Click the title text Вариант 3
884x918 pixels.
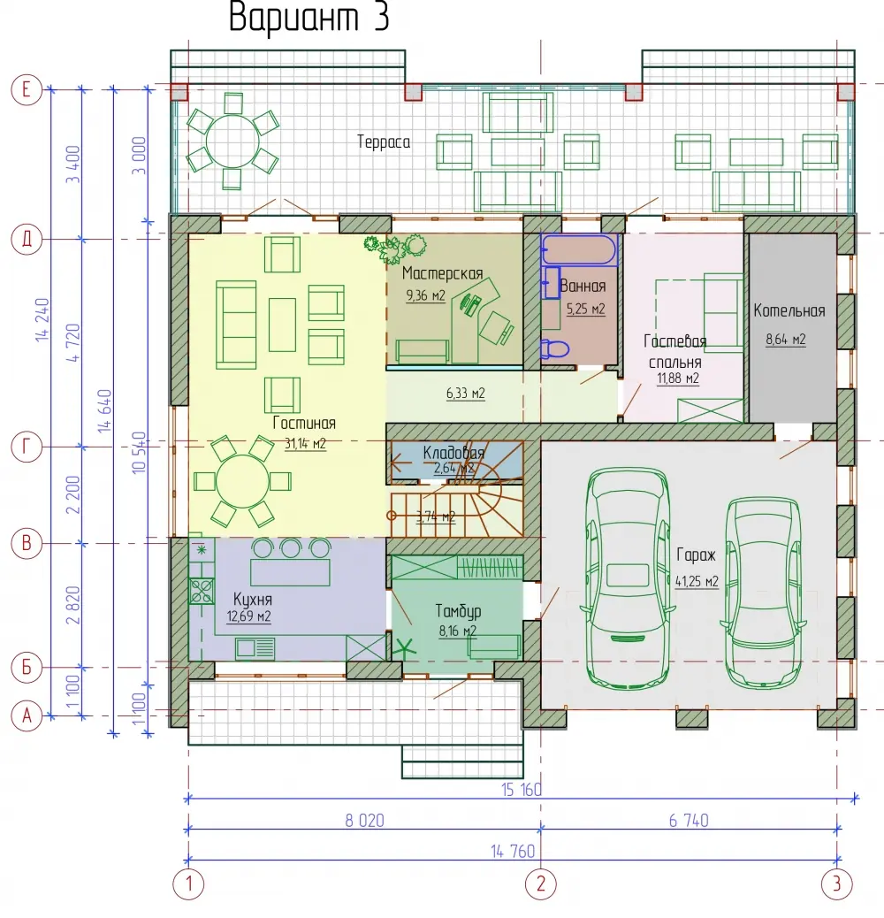point(309,17)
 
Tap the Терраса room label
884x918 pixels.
point(384,142)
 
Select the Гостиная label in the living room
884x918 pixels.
point(304,423)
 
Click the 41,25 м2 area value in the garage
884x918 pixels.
point(697,581)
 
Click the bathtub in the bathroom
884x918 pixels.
point(579,250)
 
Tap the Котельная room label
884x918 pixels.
point(789,311)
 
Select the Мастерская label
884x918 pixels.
point(442,272)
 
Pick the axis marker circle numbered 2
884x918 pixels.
point(541,884)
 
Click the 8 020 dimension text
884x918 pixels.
point(364,820)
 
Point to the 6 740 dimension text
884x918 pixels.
point(689,820)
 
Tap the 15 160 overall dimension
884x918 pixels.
point(522,789)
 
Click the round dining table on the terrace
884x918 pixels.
point(232,142)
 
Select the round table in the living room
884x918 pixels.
point(242,481)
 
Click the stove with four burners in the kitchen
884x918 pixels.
point(202,591)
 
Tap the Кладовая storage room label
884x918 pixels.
point(453,453)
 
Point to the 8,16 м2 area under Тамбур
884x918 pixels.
point(458,631)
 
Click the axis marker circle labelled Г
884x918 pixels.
point(27,447)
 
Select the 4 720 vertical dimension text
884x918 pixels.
point(73,342)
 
